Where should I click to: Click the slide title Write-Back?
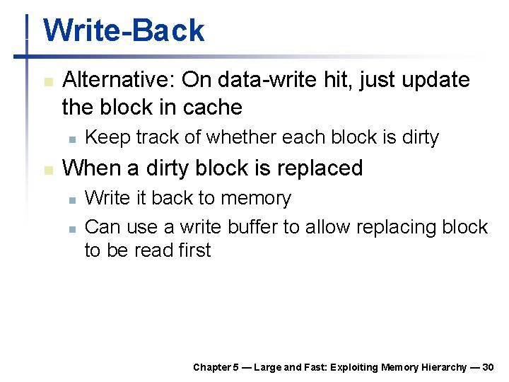pos(124,31)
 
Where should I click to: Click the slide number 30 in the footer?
pos(488,367)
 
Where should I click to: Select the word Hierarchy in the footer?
pos(445,367)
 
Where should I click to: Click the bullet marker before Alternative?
pos(47,81)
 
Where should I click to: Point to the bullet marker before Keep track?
pos(71,139)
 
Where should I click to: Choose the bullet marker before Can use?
pos(71,228)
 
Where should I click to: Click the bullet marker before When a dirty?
pos(47,169)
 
